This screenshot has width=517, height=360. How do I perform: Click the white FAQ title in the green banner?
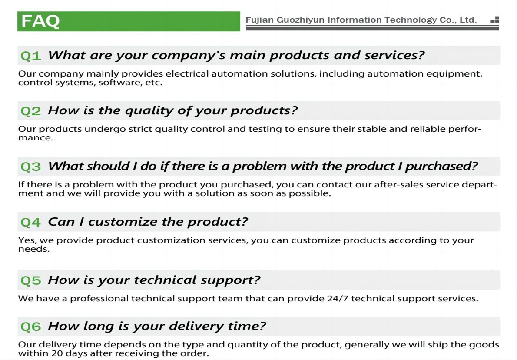click(40, 21)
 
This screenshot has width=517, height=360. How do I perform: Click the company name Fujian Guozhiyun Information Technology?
click(341, 20)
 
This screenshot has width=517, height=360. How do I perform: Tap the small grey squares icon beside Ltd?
click(494, 20)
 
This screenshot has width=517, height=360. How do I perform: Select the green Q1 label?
click(31, 56)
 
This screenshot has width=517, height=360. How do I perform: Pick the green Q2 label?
click(31, 111)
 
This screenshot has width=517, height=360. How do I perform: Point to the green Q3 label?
click(31, 167)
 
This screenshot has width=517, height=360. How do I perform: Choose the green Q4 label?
click(31, 223)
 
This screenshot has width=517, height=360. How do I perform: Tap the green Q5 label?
click(31, 280)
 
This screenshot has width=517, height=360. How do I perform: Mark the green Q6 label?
click(31, 327)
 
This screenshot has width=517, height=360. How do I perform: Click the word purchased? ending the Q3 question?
click(441, 167)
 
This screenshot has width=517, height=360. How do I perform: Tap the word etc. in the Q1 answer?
click(154, 83)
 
